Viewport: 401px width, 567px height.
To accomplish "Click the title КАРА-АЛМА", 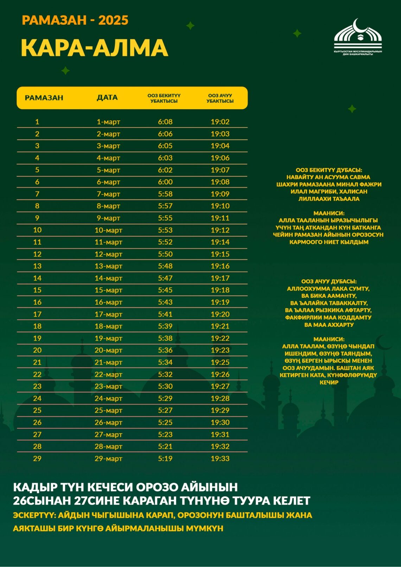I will pos(94,48).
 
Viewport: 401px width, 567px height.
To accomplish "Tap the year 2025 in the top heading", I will pos(113,20).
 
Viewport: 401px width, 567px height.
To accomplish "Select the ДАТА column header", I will pos(107,98).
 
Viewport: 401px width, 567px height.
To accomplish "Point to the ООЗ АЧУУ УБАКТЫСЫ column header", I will pos(220,98).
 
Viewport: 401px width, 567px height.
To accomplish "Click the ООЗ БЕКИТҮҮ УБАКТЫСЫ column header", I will pos(164,98).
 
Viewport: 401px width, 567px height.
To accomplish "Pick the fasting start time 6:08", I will pos(165,122).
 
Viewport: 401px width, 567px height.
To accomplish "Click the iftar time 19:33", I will pos(220,459).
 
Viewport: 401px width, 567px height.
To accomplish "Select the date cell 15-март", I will pos(108,290).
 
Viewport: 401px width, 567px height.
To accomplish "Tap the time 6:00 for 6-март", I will pos(165,182).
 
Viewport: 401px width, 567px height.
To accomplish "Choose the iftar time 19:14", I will pos(220,242).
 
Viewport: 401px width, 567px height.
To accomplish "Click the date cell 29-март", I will pos(108,459).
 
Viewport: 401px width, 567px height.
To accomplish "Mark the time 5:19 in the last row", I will pos(165,459).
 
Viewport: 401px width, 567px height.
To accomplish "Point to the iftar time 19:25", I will pos(220,362).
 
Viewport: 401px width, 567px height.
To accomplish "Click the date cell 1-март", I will pos(108,122).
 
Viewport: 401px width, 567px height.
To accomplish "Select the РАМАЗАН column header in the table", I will pos(44,98).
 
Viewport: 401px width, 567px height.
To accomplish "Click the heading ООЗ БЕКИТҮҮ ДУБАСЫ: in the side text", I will pos(329,170).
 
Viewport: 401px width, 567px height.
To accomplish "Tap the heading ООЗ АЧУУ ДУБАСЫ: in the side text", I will pos(329,281).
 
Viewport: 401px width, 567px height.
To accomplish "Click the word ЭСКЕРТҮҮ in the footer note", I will pos(34,515).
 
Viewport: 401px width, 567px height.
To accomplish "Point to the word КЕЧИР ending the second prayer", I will pos(329,382).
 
